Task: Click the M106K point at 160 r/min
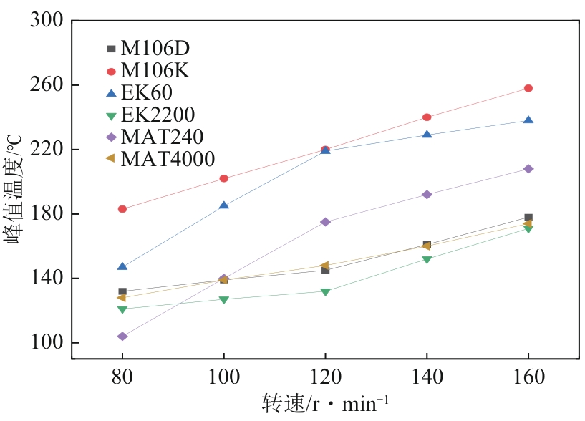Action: pos(528,88)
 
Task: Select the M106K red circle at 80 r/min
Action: pos(122,209)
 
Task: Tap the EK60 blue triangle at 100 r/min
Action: pos(224,205)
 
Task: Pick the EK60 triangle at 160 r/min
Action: pos(528,120)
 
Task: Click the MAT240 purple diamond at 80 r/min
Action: pos(122,337)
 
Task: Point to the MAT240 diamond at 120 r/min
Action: pos(325,222)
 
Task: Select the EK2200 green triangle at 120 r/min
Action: pos(325,292)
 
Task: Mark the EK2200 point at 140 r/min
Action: pos(427,259)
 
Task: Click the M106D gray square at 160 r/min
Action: pos(528,217)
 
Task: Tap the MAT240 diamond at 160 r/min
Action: pos(528,169)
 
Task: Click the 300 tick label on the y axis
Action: pos(47,21)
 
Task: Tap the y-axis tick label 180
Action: pos(47,214)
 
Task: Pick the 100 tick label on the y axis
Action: pos(47,343)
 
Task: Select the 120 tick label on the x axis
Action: pos(325,377)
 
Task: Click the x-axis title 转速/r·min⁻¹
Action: pos(325,403)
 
